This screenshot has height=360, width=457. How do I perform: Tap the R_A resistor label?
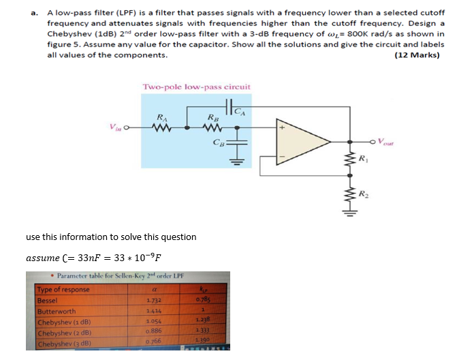coord(161,116)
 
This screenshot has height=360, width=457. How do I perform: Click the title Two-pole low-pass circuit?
coord(197,87)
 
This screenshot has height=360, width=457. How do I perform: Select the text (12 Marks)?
coord(417,55)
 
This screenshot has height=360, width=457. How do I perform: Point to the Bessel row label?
coord(48,299)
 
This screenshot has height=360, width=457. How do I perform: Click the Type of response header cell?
coord(63,289)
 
